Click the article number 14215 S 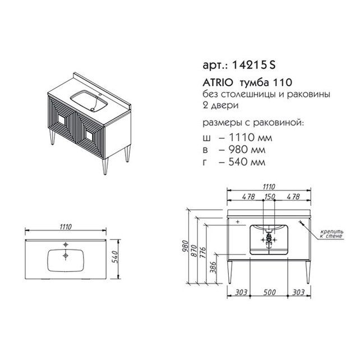pyautogui.click(x=253, y=65)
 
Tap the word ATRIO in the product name pyautogui.click(x=218, y=82)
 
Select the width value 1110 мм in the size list pyautogui.click(x=251, y=137)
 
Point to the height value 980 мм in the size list pyautogui.click(x=247, y=150)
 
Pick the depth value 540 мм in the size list pyautogui.click(x=247, y=162)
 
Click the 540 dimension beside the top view pyautogui.click(x=116, y=257)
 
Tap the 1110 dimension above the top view pyautogui.click(x=66, y=227)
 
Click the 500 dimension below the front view pyautogui.click(x=269, y=292)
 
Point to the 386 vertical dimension pyautogui.click(x=213, y=267)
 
